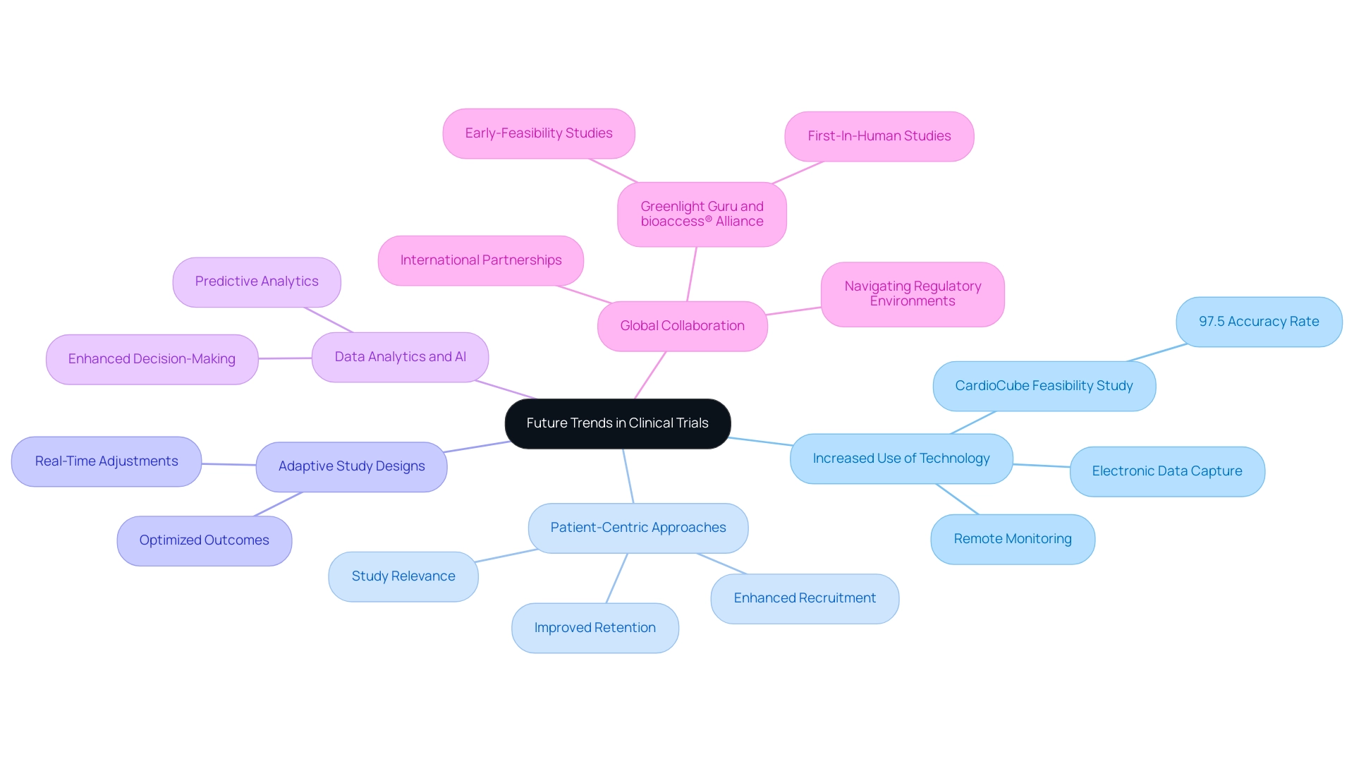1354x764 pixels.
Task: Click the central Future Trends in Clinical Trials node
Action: [617, 423]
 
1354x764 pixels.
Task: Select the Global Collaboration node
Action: [682, 326]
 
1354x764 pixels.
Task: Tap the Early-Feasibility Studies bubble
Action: [538, 133]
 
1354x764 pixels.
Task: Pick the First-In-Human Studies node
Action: [879, 136]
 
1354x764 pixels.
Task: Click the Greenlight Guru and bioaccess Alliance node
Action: [702, 214]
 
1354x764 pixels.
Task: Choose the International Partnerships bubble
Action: [480, 260]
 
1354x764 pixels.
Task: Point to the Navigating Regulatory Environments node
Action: [913, 294]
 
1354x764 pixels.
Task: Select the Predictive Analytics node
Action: [257, 281]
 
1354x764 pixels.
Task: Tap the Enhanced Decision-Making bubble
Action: [152, 359]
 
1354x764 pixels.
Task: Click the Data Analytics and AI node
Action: [400, 357]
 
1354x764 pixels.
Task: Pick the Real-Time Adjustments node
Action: [106, 461]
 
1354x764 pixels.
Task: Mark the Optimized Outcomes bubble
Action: [204, 540]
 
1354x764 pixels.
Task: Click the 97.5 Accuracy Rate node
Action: [1259, 322]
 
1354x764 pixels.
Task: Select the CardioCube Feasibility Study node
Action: [1044, 386]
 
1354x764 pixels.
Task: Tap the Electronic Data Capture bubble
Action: [1167, 471]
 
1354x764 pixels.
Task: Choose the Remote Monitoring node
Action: [1013, 539]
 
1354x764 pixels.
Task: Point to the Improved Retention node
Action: [594, 628]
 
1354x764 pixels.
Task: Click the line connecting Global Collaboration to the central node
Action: [650, 375]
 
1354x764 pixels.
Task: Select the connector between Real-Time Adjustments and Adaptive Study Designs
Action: [228, 464]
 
